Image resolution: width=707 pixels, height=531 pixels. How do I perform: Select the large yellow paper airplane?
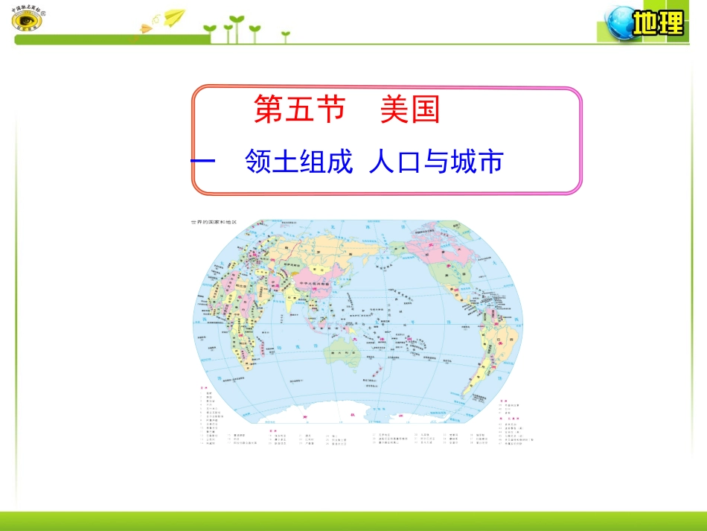click(x=174, y=16)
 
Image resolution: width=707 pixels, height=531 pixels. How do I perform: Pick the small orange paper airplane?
click(x=144, y=28)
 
